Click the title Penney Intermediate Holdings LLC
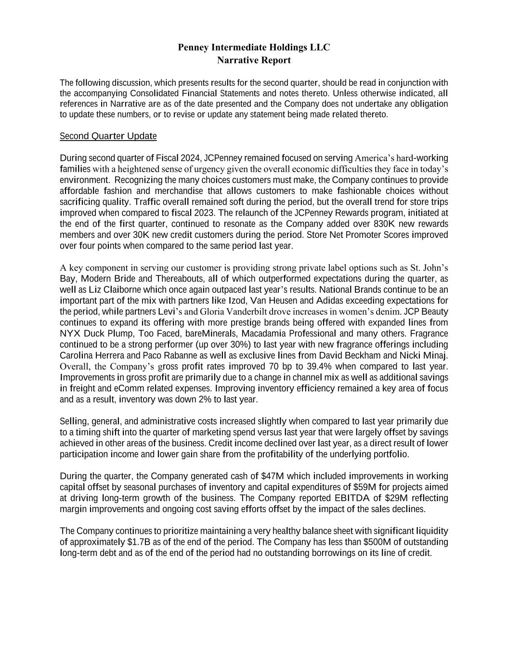point(254,47)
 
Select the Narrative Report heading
point(254,60)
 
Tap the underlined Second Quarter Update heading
point(108,136)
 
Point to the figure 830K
point(384,224)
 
